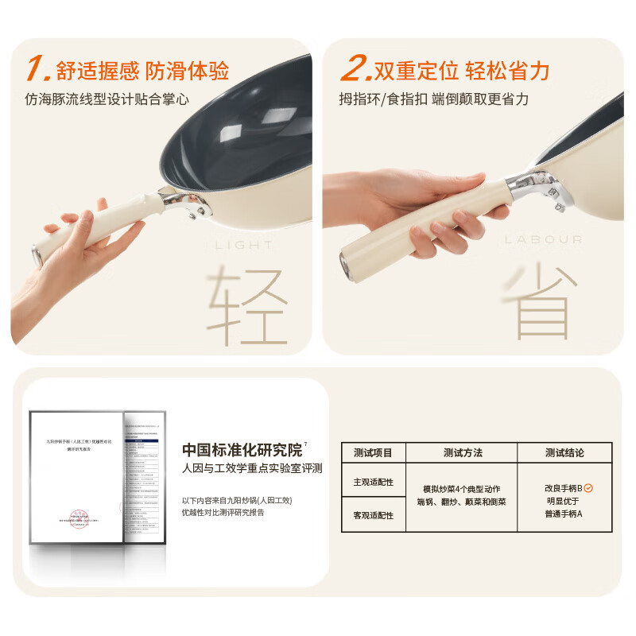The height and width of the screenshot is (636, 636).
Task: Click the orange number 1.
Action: coord(37,69)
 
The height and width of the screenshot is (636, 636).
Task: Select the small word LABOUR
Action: coord(543,238)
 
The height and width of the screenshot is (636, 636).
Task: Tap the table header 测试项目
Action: coord(373,452)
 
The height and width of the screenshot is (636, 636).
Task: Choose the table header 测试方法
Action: coord(463,452)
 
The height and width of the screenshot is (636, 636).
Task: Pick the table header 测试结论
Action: coord(564,452)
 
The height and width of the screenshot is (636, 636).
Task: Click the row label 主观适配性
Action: coord(373,482)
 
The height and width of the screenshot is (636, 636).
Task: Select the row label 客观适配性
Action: coord(373,515)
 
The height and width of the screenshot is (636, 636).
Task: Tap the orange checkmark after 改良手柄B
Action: coord(588,487)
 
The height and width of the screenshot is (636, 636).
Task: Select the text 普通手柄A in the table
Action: coord(564,514)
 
